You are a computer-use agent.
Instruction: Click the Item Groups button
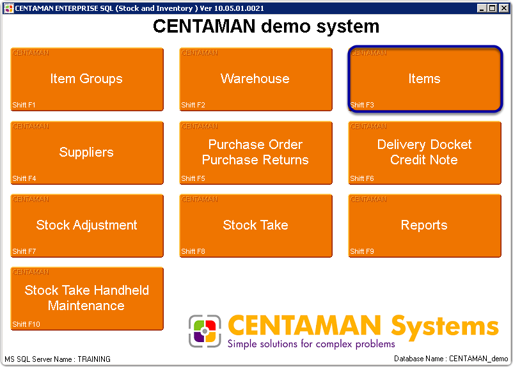(86, 79)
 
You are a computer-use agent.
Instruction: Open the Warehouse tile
(255, 79)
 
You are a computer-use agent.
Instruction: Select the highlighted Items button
(424, 79)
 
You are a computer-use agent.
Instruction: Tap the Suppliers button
(86, 152)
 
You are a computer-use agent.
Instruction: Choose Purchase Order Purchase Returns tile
(255, 152)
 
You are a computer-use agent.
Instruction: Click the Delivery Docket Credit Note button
(424, 152)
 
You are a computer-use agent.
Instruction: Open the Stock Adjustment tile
(86, 225)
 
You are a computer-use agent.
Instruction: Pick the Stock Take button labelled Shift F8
(255, 225)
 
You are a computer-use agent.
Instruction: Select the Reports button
(424, 225)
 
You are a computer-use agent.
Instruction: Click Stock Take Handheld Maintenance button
(86, 298)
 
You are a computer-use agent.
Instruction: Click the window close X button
(502, 8)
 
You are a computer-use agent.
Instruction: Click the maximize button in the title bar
(492, 8)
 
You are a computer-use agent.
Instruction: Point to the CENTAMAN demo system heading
(265, 27)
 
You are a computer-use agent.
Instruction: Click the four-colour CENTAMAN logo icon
(205, 331)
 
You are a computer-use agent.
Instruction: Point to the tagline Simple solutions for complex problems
(311, 344)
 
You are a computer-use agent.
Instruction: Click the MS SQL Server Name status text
(58, 359)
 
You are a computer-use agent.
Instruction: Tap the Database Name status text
(451, 359)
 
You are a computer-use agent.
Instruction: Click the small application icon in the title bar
(8, 8)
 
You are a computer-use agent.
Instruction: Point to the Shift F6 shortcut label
(361, 178)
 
